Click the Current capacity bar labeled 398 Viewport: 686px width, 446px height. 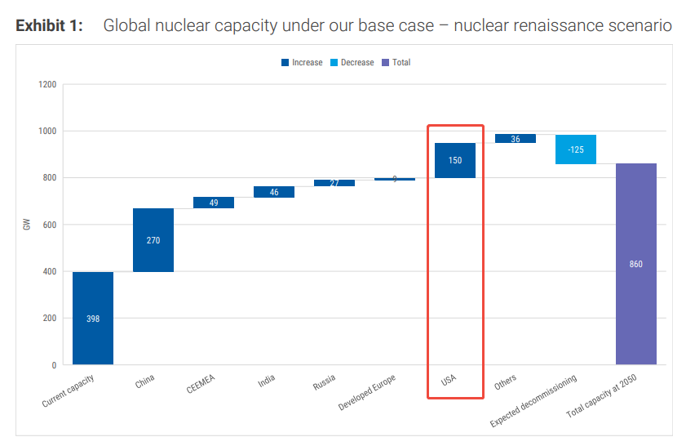click(x=93, y=318)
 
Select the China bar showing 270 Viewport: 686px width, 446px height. click(x=153, y=240)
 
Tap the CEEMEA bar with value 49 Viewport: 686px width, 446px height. click(x=214, y=203)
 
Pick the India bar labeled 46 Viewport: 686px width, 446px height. click(x=274, y=192)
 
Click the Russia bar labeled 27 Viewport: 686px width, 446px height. click(x=334, y=183)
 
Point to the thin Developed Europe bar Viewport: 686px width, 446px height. click(x=395, y=179)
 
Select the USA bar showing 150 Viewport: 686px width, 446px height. click(x=455, y=160)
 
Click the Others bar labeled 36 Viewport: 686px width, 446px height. click(x=516, y=139)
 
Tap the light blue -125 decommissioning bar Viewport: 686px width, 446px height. click(x=576, y=149)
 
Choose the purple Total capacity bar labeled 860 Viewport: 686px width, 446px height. click(x=636, y=264)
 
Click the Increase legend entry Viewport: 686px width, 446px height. click(x=302, y=63)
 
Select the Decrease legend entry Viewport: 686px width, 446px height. click(x=352, y=63)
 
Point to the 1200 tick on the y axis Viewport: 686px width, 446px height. click(x=47, y=84)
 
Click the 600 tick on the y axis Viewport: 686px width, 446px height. click(x=50, y=225)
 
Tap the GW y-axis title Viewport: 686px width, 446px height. click(x=27, y=225)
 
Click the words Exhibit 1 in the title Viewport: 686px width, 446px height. click(x=49, y=26)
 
